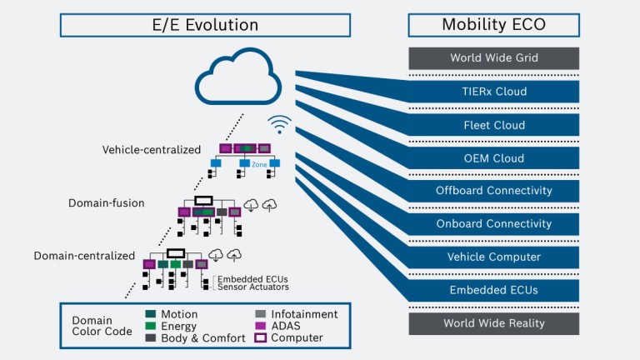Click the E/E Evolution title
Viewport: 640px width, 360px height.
(x=205, y=24)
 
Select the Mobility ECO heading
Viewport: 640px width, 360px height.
(x=493, y=24)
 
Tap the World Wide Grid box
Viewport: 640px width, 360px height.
(x=493, y=58)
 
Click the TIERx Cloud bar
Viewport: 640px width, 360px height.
(x=493, y=92)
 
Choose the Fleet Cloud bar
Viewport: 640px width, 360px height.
(x=493, y=125)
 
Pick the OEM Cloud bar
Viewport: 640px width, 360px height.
(x=493, y=158)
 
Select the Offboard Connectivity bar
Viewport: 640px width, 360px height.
(x=493, y=191)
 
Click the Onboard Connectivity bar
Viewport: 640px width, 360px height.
(x=493, y=224)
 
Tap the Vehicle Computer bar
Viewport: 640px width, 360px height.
(x=493, y=257)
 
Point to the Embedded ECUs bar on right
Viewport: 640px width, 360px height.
(x=493, y=290)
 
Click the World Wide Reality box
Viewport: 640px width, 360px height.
(x=493, y=323)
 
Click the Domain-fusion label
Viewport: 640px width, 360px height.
(x=107, y=202)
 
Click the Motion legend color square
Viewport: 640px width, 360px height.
(x=152, y=314)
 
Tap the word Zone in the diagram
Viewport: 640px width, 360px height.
(x=259, y=165)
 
